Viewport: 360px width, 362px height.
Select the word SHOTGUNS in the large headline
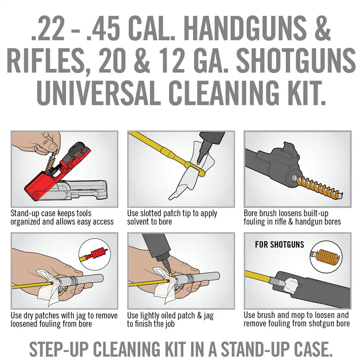click(296, 60)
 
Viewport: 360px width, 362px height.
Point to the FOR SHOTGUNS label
click(279, 244)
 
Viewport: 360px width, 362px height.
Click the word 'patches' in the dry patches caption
click(47, 315)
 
